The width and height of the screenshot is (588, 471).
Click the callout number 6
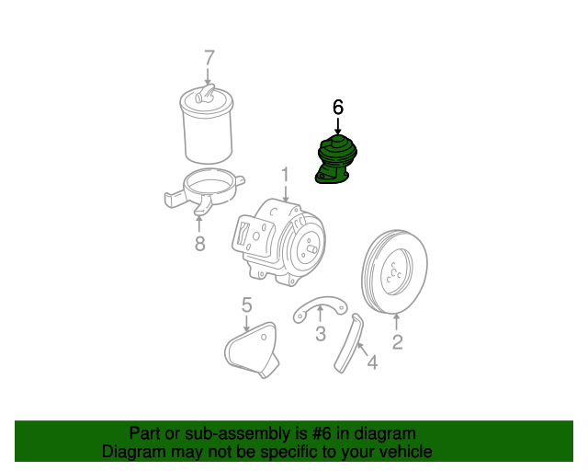337,108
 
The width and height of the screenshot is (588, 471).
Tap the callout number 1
285,174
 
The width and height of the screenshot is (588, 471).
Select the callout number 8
198,243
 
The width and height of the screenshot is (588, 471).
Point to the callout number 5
246,304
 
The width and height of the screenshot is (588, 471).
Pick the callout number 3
320,334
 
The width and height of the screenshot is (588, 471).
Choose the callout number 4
372,362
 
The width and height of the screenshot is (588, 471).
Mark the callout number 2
397,343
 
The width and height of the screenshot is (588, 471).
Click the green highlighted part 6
336,160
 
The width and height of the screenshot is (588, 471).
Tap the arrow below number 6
337,126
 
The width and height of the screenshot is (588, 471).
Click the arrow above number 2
397,323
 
